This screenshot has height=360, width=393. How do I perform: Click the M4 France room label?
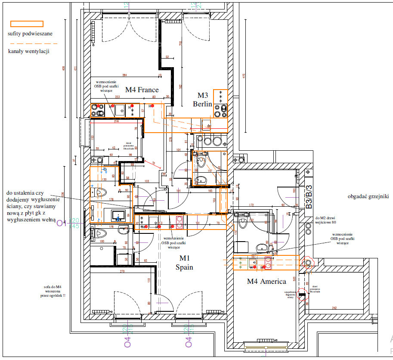pyautogui.click(x=142, y=90)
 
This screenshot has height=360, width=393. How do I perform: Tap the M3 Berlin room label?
pyautogui.click(x=202, y=100)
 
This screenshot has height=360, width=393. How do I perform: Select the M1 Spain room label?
pyautogui.click(x=184, y=262)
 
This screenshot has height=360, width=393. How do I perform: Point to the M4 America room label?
pyautogui.click(x=266, y=282)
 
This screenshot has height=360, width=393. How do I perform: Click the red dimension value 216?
pyautogui.click(x=116, y=122)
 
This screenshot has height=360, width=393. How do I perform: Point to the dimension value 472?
pyautogui.click(x=244, y=76)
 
